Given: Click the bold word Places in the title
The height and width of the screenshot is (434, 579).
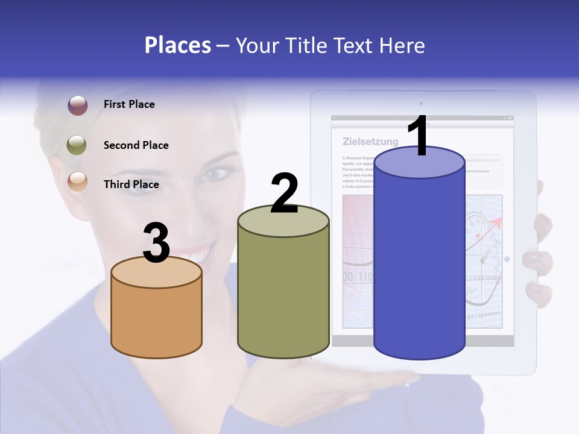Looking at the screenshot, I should (178, 45).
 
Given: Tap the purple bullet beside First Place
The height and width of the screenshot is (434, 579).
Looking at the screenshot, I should (77, 105).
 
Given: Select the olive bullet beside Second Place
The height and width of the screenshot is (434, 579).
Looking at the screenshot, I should (77, 145).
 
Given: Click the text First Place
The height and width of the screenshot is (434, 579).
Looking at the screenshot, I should (129, 104).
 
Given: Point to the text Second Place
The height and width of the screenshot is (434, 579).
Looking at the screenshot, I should (136, 145).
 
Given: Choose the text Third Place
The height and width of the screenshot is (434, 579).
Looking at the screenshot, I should (131, 184).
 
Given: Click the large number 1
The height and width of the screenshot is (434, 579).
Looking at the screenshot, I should (418, 136).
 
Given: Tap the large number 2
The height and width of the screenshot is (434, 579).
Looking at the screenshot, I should (284, 193).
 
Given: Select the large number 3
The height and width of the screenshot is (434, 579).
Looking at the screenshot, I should (157, 243).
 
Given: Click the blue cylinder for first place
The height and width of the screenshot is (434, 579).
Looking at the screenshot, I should (419, 265).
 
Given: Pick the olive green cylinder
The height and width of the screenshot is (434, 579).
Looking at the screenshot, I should (283, 289).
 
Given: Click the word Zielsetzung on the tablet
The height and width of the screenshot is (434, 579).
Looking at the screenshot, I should (370, 142).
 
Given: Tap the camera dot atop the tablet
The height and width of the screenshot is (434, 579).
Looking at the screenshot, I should (421, 104).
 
